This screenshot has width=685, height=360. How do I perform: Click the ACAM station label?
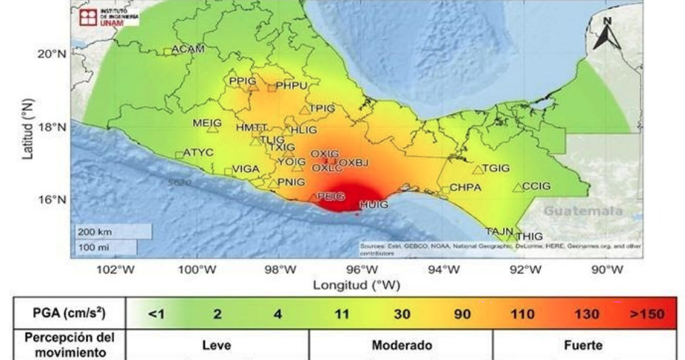187,50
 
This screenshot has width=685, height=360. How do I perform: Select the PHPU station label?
291,86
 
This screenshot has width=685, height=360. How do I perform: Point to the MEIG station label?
207,123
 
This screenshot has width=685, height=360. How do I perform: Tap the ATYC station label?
198,153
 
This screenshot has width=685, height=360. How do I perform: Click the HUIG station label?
373,204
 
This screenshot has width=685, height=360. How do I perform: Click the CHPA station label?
465,188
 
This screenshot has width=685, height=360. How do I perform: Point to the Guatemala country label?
584,211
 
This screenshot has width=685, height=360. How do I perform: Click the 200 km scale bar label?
95,231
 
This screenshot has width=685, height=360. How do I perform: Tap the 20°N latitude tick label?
52,54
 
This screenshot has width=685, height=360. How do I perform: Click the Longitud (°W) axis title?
356,285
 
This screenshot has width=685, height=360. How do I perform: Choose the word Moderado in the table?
402,345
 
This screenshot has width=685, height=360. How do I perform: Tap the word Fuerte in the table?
583,345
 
